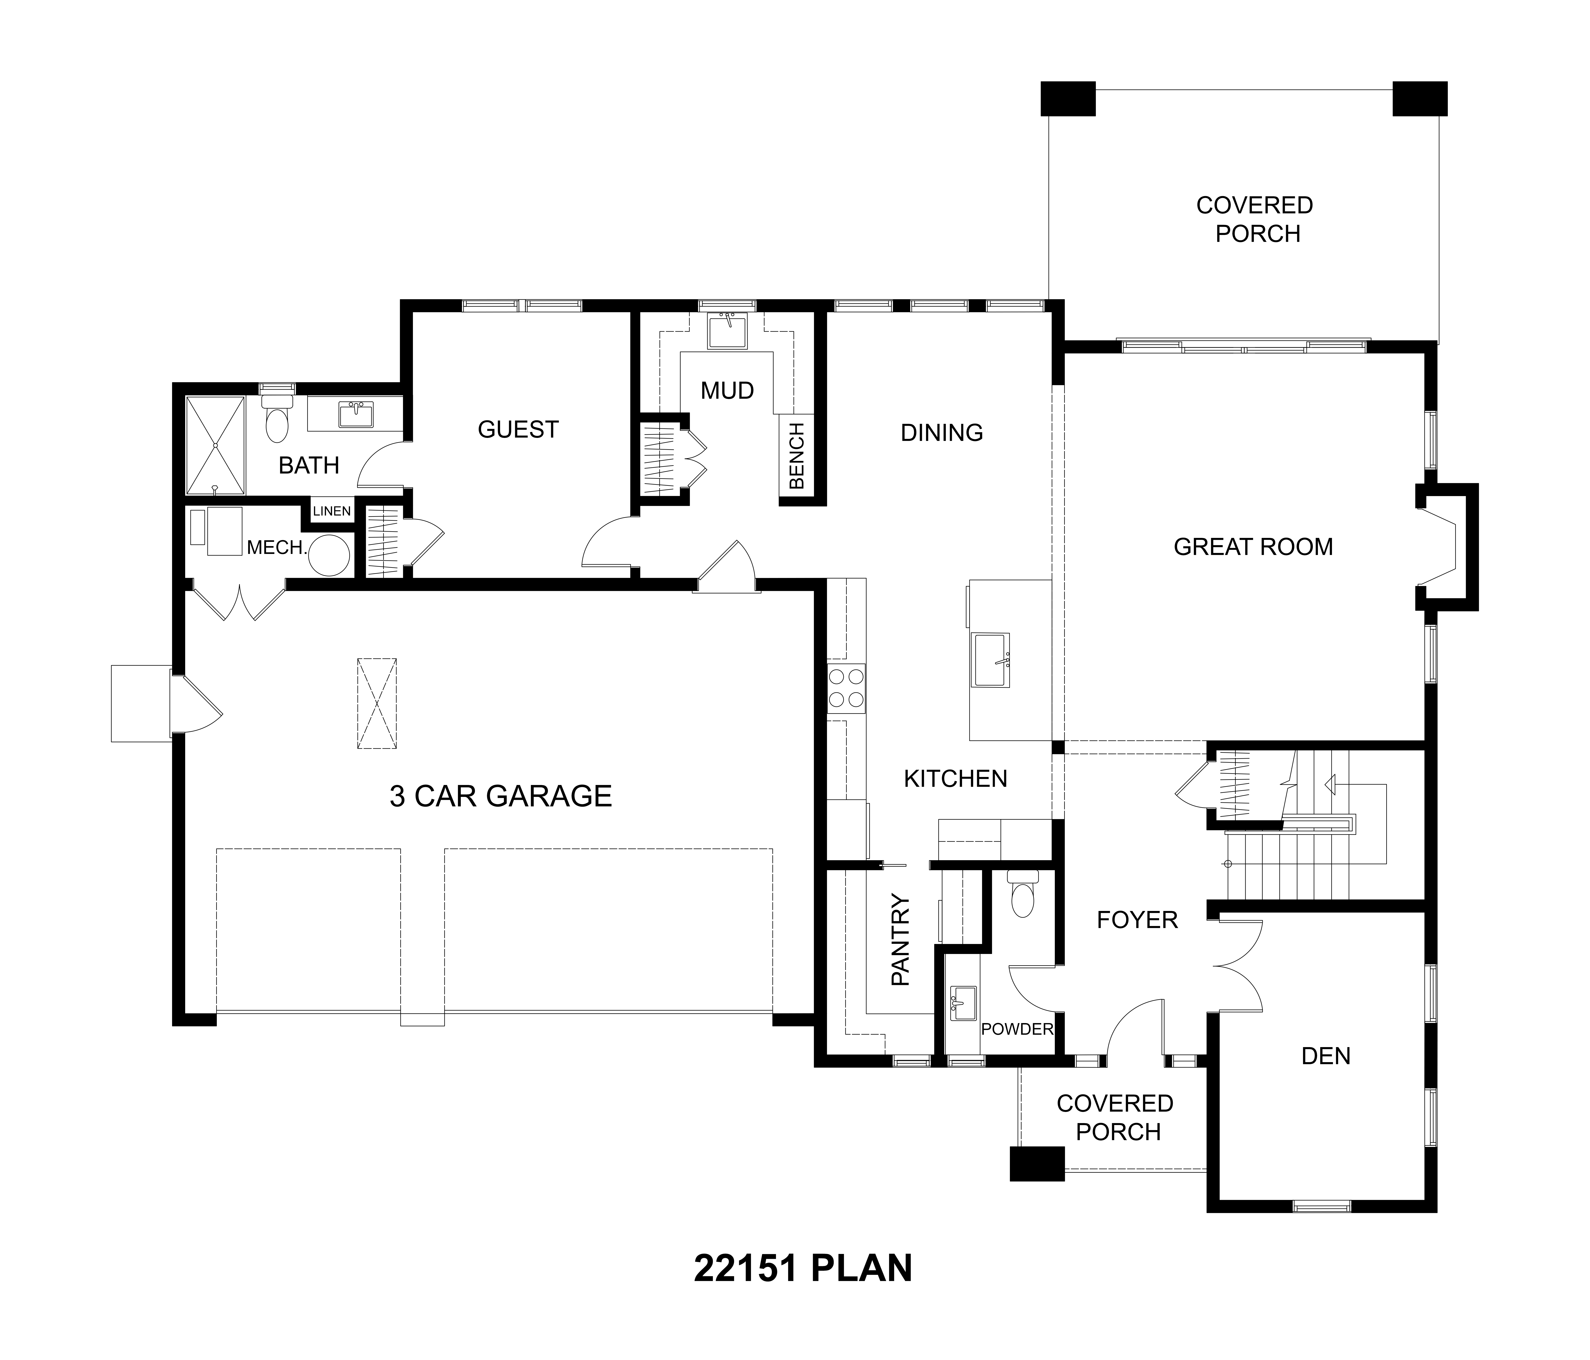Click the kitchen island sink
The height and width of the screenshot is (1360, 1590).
(992, 660)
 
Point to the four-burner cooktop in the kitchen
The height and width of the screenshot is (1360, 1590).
(846, 688)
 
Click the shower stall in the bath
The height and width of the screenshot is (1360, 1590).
(216, 445)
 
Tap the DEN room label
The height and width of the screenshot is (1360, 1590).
(1326, 1056)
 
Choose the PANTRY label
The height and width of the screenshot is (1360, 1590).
(900, 940)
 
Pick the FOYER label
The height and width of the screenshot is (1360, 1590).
(1137, 919)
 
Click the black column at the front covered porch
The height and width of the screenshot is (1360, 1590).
(1037, 1164)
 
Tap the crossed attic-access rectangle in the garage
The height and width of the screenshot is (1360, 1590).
(377, 703)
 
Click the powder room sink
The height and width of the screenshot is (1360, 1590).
(963, 1003)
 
